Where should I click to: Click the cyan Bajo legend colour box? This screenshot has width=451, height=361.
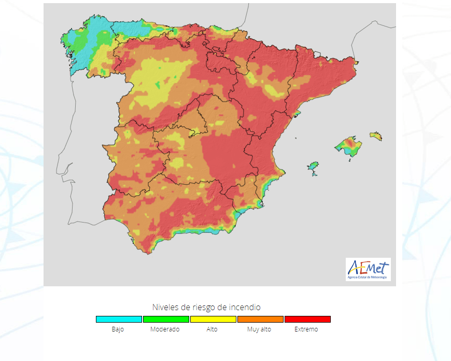click(119, 319)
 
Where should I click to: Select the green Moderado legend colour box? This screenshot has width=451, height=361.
click(166, 319)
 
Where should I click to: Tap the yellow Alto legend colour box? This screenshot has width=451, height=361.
click(213, 319)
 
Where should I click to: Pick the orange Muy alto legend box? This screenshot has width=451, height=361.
click(260, 319)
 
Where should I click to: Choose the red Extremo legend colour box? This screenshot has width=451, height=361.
click(307, 319)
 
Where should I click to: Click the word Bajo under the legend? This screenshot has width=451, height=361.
click(118, 329)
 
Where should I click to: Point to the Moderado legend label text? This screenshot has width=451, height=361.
click(165, 329)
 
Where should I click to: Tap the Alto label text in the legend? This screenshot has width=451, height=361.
click(212, 329)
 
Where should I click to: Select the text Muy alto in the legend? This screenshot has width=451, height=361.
click(259, 329)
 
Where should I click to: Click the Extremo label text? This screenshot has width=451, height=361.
click(306, 329)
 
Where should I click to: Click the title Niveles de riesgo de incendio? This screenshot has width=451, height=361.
click(206, 307)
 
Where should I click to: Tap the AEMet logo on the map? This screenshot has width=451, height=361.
click(368, 270)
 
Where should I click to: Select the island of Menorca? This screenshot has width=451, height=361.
click(376, 136)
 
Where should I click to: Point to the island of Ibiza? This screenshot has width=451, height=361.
click(313, 167)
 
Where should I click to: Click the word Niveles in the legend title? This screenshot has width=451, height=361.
click(164, 307)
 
